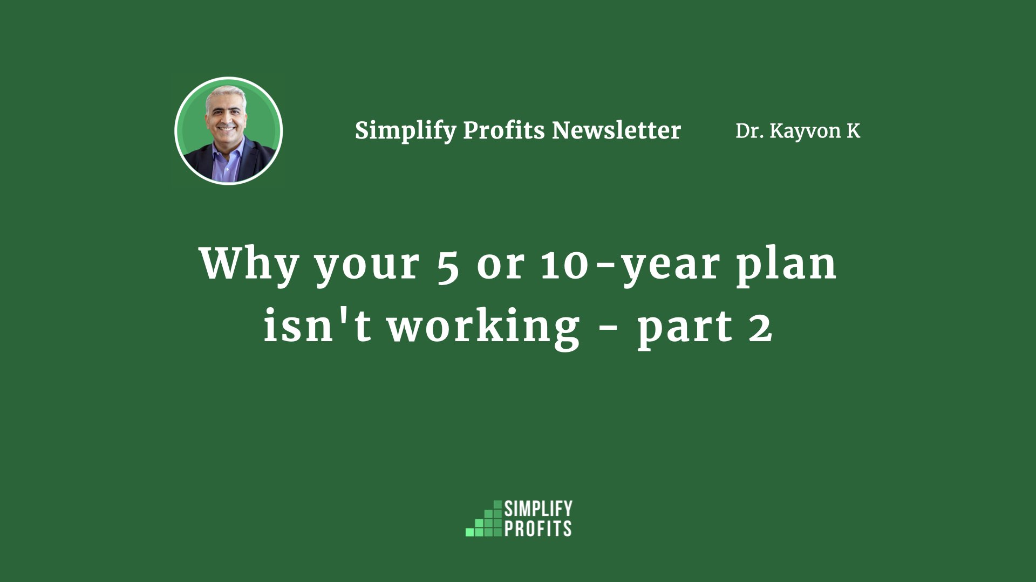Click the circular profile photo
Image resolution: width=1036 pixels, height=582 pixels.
click(x=229, y=130)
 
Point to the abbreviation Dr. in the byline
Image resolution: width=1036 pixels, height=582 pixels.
click(x=749, y=131)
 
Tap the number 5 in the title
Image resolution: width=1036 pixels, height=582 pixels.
click(x=448, y=266)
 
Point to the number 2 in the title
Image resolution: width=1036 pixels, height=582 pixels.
click(x=760, y=327)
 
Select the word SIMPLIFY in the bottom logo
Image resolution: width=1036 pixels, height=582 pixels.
click(x=538, y=509)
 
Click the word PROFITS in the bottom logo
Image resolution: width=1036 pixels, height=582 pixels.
click(x=538, y=528)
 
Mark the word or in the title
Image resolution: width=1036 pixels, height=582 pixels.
click(x=500, y=267)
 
